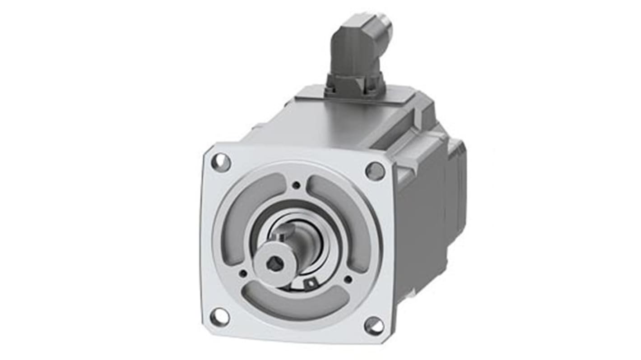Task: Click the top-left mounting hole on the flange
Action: [x=221, y=162]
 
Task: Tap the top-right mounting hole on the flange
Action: [x=375, y=171]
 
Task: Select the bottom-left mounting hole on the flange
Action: [x=220, y=317]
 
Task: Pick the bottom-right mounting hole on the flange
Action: [x=374, y=326]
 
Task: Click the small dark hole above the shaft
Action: [x=296, y=185]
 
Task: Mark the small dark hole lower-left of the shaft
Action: [x=243, y=273]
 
